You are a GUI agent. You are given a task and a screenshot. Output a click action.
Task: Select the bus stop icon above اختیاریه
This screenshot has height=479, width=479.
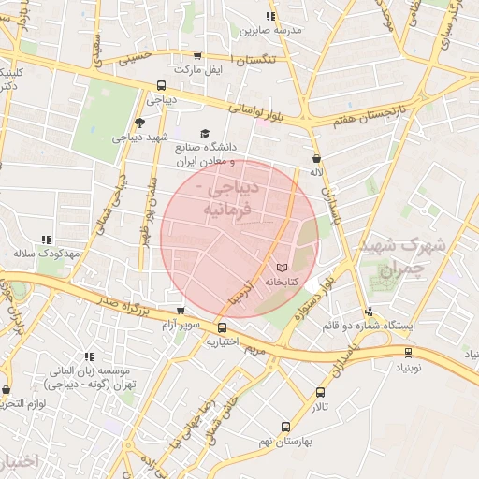pos(222,328)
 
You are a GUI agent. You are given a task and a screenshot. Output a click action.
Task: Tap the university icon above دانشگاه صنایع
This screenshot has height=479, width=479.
pos(206,134)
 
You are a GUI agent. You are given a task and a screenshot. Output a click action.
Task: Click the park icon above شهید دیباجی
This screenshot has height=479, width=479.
pos(140,123)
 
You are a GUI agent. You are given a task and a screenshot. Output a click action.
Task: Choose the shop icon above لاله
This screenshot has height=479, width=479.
pos(317,159)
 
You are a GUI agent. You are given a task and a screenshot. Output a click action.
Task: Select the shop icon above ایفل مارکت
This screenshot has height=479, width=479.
pos(196,56)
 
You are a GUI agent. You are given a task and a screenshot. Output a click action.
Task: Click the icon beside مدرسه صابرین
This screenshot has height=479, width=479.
pos(271,16)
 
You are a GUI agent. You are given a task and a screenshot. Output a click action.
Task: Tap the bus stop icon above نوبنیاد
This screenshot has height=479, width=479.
pos(408,353)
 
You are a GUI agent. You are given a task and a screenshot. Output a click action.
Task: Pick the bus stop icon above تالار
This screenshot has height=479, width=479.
pos(321,393)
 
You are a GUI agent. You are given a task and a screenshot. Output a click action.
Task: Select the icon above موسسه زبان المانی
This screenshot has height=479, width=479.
pos(89,356)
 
